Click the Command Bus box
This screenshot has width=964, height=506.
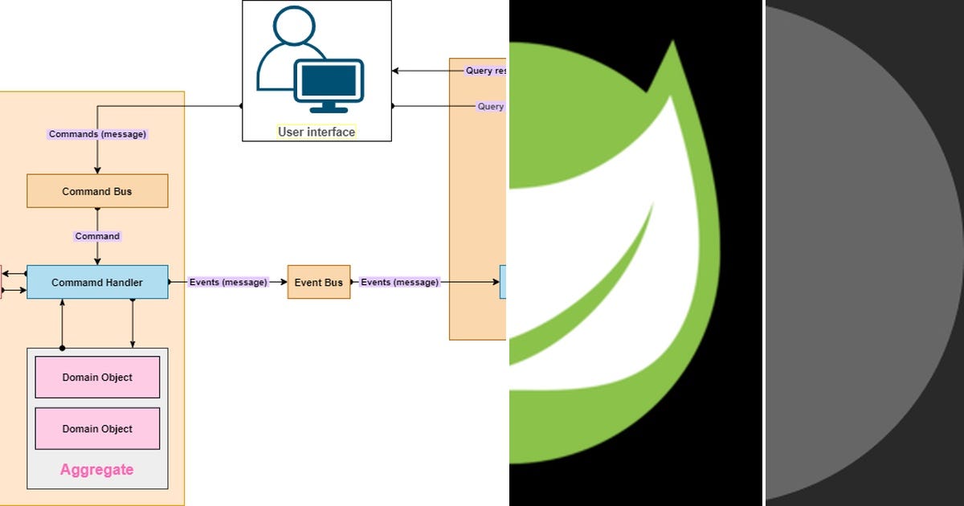(x=97, y=191)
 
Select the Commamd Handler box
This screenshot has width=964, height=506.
(x=97, y=282)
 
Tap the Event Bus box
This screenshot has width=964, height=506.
(x=319, y=282)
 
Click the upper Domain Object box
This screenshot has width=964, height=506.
(x=97, y=377)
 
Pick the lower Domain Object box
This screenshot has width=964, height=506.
(x=97, y=429)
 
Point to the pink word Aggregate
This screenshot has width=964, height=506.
(x=97, y=470)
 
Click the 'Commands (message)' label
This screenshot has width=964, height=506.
(x=97, y=134)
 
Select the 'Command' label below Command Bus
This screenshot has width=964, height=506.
(x=97, y=236)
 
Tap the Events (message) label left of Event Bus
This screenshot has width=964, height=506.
(x=228, y=282)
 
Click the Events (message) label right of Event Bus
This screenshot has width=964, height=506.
(x=400, y=282)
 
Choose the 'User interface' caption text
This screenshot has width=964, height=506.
(x=317, y=132)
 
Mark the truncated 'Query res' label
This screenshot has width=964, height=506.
(x=485, y=71)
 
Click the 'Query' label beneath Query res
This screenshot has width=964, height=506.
(x=490, y=106)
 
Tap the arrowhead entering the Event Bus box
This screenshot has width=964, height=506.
(x=284, y=282)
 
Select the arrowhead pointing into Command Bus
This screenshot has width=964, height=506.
(x=97, y=170)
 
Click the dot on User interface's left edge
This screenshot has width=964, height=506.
(x=242, y=106)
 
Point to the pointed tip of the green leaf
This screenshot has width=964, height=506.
(x=672, y=43)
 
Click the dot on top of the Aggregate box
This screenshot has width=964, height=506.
(x=63, y=348)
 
